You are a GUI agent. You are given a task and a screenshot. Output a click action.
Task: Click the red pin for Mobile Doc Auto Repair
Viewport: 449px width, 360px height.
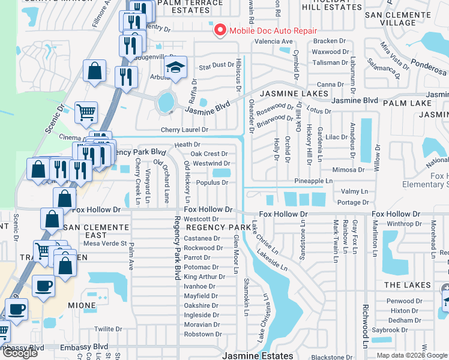[x=219, y=29]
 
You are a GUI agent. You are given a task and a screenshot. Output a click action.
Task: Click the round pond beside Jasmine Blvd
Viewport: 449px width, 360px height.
[x=164, y=102]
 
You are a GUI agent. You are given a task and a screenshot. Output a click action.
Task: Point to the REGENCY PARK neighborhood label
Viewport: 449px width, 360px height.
[x=218, y=227]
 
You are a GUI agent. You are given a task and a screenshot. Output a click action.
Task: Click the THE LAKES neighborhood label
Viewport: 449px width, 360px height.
[x=408, y=285]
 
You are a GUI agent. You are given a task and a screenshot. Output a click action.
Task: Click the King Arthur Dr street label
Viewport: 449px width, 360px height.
[x=202, y=277]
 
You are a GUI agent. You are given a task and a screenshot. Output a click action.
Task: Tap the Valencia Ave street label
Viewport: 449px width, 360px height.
[x=273, y=41]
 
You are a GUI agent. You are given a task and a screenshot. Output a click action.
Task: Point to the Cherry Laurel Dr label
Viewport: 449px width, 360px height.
[x=184, y=130]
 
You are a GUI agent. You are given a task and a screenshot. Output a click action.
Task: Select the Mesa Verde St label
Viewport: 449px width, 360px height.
[x=105, y=244]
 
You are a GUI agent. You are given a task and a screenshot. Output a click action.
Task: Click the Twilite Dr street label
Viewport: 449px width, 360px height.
[x=108, y=329]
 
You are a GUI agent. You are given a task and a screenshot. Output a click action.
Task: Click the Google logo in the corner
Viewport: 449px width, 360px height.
[x=20, y=353]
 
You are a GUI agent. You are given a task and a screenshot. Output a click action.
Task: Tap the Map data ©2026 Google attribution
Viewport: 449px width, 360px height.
[x=412, y=355]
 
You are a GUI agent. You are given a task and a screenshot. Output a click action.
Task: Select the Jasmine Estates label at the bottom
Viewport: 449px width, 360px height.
[x=258, y=355]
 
